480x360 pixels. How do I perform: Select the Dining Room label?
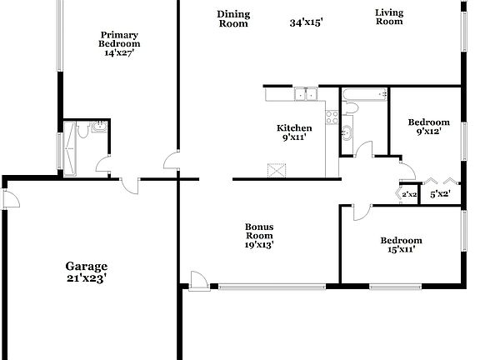pos(233,18)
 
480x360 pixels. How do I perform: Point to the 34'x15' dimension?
pos(306,23)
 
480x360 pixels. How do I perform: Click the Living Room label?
pos(388,17)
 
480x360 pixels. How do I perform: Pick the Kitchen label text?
pos(294,127)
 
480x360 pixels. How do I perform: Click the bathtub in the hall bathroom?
pos(364,94)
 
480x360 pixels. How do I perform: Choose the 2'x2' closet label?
pos(409,195)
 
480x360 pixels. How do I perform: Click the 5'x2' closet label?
pos(439,195)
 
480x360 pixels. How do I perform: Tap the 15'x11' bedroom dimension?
pos(401,248)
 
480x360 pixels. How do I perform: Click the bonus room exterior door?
pos(198,282)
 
